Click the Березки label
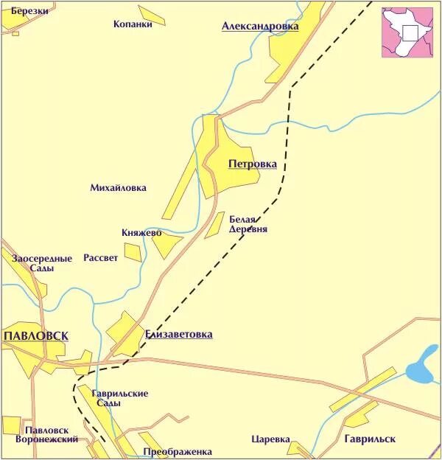click(29, 11)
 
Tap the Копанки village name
click(133, 24)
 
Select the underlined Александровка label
click(260, 27)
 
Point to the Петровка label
click(253, 164)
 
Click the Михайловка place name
click(118, 188)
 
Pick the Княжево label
click(141, 233)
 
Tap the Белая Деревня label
click(248, 224)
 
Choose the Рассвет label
click(100, 258)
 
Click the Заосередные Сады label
click(42, 263)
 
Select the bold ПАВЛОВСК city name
click(36, 335)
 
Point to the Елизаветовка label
click(179, 334)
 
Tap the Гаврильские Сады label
click(120, 398)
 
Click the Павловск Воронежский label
click(51, 434)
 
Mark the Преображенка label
click(178, 451)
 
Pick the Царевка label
click(267, 439)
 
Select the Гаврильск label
click(369, 439)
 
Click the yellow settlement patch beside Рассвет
click(133, 252)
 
